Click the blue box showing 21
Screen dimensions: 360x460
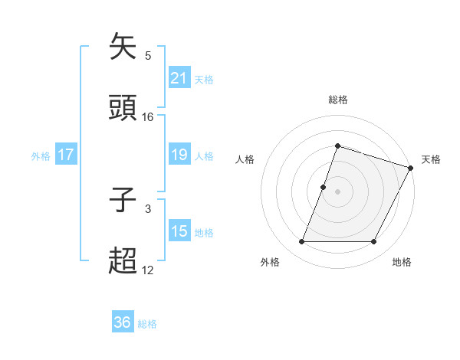pyautogui.click(x=179, y=78)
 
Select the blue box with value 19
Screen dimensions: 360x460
pyautogui.click(x=179, y=155)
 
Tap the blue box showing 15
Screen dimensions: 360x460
pyautogui.click(x=179, y=231)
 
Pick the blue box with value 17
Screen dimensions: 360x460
pyautogui.click(x=66, y=155)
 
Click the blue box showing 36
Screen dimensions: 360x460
pyautogui.click(x=123, y=322)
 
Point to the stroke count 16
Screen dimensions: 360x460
pyautogui.click(x=148, y=116)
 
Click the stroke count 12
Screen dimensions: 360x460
pyautogui.click(x=148, y=270)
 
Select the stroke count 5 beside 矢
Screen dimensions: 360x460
pyautogui.click(x=148, y=55)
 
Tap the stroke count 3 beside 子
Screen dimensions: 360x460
pyautogui.click(x=148, y=208)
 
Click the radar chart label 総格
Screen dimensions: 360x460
pyautogui.click(x=338, y=100)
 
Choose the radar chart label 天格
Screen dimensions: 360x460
pyautogui.click(x=431, y=159)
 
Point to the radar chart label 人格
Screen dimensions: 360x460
pyautogui.click(x=245, y=159)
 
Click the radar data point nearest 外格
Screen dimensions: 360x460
pyautogui.click(x=301, y=242)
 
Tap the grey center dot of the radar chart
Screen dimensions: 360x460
pyautogui.click(x=338, y=191)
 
